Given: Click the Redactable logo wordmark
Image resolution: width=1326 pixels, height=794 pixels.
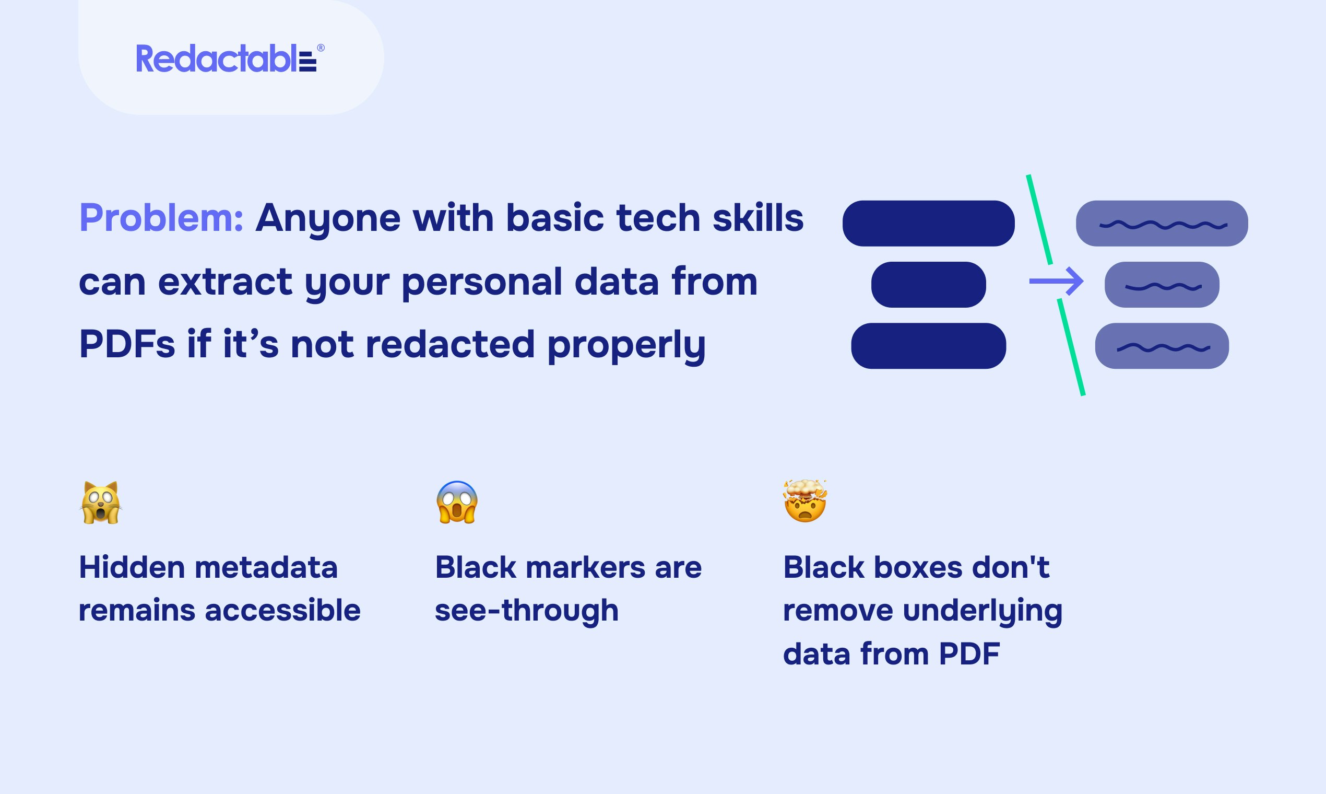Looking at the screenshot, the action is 227,59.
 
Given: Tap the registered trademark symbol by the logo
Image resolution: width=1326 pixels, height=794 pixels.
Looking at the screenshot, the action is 321,48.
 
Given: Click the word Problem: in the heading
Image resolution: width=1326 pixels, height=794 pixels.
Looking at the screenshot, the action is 161,218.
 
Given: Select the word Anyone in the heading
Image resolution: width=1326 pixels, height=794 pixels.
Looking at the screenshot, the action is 328,219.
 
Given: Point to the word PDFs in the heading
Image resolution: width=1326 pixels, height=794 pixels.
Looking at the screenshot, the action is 127,344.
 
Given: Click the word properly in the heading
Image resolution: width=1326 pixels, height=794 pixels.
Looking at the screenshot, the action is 626,346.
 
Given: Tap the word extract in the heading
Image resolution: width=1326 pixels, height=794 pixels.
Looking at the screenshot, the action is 225,282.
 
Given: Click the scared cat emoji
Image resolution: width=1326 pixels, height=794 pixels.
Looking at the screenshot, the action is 101,503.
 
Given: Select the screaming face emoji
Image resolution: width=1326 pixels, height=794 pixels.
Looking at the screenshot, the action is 457,502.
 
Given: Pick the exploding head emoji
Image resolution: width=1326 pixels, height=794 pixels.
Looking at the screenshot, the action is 804,501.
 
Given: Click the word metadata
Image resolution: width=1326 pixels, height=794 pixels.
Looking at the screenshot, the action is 266,567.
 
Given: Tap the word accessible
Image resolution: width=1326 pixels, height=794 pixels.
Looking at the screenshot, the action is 283,611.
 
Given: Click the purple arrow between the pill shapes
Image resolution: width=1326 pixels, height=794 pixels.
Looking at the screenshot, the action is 1056,281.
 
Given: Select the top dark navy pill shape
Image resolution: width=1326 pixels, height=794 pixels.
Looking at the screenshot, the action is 928,223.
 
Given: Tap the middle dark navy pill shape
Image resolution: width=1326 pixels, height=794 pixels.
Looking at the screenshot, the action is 928,284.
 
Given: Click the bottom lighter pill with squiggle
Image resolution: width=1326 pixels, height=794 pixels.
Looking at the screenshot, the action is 1162,346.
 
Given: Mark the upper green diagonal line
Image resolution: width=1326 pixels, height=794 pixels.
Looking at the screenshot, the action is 1039,219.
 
